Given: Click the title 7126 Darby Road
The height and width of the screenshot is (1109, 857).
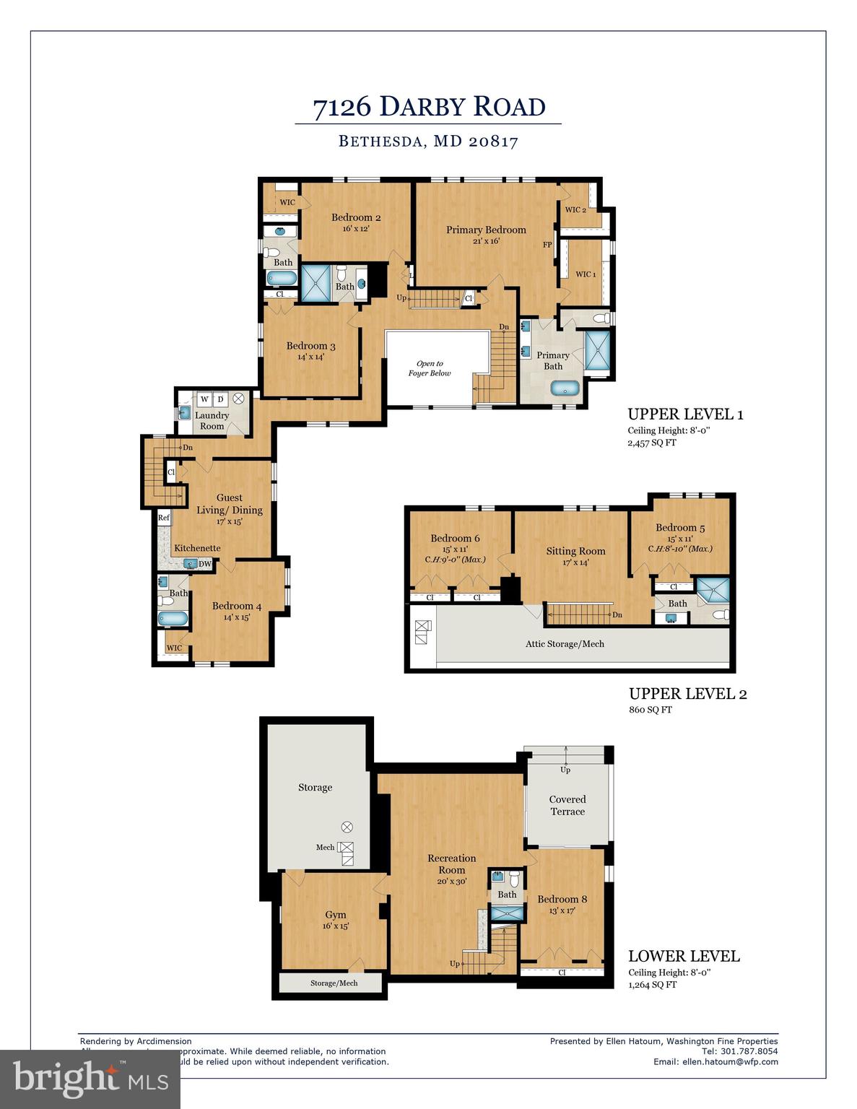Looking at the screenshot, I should click(428, 107).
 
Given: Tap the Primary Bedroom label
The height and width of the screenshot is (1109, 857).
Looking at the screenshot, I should click(485, 230).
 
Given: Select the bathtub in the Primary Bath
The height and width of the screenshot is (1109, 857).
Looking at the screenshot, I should click(565, 388).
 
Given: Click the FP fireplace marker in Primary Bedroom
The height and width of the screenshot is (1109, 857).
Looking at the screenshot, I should click(547, 245).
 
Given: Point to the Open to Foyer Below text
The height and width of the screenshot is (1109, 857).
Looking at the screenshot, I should click(430, 368).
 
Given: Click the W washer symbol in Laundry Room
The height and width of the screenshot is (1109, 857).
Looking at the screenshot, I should click(204, 399).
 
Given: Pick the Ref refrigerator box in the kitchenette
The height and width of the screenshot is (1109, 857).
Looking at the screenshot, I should click(164, 518).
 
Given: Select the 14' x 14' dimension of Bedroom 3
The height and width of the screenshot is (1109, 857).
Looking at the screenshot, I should click(310, 357).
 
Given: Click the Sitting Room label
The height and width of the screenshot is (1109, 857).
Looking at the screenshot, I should click(575, 551).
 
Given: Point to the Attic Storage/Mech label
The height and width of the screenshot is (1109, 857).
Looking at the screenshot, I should click(565, 644).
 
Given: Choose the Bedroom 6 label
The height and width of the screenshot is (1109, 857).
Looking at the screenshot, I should click(455, 538).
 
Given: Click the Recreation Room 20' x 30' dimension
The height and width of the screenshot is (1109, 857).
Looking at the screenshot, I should click(451, 881).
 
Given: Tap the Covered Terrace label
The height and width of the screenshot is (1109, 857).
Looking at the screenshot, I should click(567, 805).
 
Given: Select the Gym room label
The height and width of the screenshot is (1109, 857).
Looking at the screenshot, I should click(336, 914).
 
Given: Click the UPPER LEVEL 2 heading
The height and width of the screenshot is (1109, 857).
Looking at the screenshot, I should click(687, 694).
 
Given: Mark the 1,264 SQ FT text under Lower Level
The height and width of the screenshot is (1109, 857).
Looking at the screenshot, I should click(652, 984).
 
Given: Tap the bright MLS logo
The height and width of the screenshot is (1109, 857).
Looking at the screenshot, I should click(90, 1079).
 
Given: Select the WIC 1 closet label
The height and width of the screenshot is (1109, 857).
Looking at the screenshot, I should click(586, 274).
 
